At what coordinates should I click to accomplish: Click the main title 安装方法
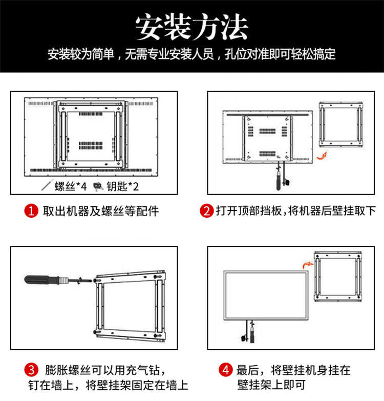click(192, 27)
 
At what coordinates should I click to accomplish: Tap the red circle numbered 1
click(31, 211)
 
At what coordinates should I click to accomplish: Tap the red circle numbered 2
click(206, 211)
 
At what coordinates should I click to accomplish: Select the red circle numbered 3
click(31, 370)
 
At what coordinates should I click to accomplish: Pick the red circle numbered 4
click(225, 370)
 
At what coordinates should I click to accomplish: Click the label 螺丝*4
click(71, 186)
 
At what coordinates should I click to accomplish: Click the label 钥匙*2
click(123, 186)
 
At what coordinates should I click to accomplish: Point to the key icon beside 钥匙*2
click(98, 186)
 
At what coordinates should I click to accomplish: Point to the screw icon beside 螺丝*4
click(47, 185)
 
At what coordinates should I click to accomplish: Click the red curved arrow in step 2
click(322, 156)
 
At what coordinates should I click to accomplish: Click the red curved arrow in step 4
click(308, 265)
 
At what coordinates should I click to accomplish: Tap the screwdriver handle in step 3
click(41, 280)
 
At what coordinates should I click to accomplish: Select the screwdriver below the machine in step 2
click(279, 177)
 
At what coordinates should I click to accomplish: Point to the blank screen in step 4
click(266, 296)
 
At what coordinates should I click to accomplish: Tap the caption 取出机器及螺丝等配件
click(101, 211)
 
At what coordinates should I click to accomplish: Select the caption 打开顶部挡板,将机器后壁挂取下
click(296, 211)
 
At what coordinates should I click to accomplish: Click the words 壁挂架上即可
click(271, 385)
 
